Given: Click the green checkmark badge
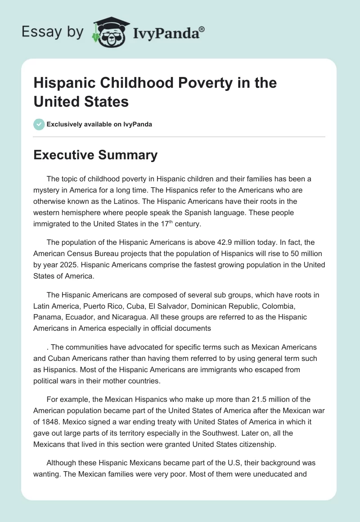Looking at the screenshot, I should [x=39, y=124].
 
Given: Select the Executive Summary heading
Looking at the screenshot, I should [x=95, y=155].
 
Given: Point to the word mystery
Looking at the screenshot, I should [x=48, y=190].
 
